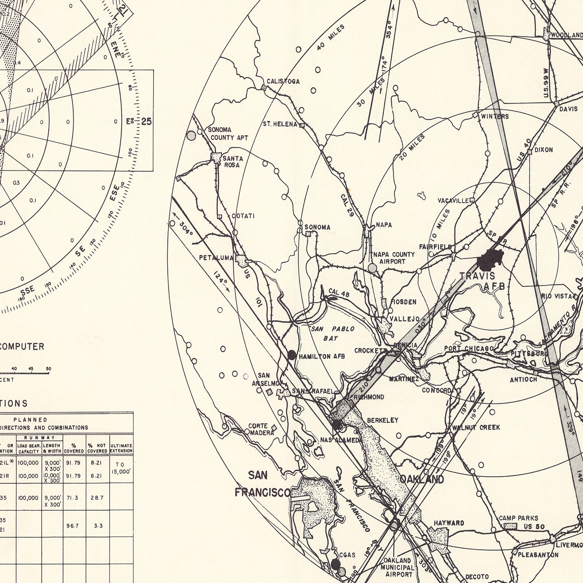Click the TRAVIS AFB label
[482, 281]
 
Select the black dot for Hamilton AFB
[291, 354]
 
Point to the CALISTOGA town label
[283, 81]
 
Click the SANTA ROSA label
[232, 162]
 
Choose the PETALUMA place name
[216, 258]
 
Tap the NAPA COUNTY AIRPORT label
[394, 258]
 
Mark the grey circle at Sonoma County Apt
[191, 135]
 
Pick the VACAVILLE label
[453, 201]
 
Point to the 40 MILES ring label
[330, 37]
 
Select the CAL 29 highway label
[347, 206]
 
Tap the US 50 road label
[534, 527]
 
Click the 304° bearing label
[186, 228]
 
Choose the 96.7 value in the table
[72, 525]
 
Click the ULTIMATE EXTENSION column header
[121, 448]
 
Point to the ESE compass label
[114, 193]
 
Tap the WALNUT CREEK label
[476, 428]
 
